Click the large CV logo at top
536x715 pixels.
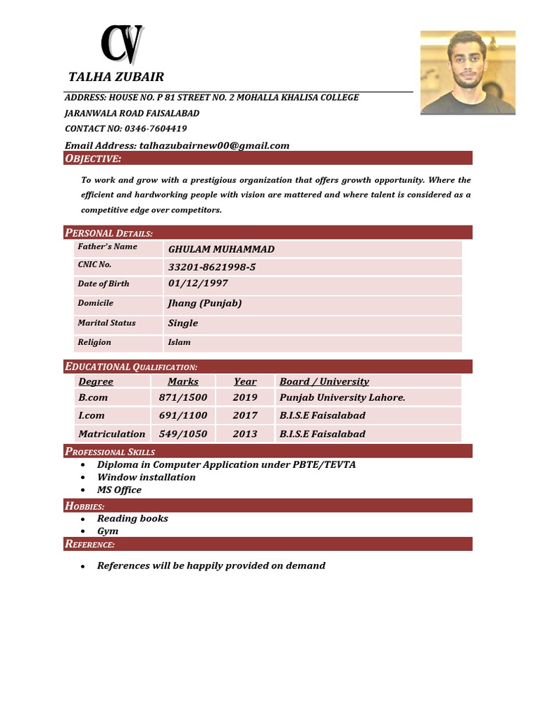click(x=122, y=44)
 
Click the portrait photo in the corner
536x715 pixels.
click(x=468, y=72)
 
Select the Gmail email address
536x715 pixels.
click(x=214, y=145)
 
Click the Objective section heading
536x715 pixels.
click(x=93, y=159)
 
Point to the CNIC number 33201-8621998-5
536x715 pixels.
click(x=211, y=267)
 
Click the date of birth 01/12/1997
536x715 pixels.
click(x=198, y=283)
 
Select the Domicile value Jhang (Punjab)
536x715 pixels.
click(x=204, y=303)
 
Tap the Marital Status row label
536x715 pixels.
click(x=107, y=323)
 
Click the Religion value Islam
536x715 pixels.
click(x=179, y=342)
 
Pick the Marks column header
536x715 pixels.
click(x=183, y=381)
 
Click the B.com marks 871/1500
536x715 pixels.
click(x=183, y=397)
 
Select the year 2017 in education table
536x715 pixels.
click(x=245, y=415)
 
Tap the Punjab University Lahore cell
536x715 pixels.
click(x=342, y=397)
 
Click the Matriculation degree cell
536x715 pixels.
click(x=112, y=434)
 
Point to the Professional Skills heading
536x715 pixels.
click(x=110, y=452)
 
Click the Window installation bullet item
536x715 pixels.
click(x=146, y=477)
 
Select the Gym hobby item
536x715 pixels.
click(x=107, y=531)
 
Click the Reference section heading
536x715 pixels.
click(x=90, y=544)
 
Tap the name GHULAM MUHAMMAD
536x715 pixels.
click(x=221, y=249)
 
